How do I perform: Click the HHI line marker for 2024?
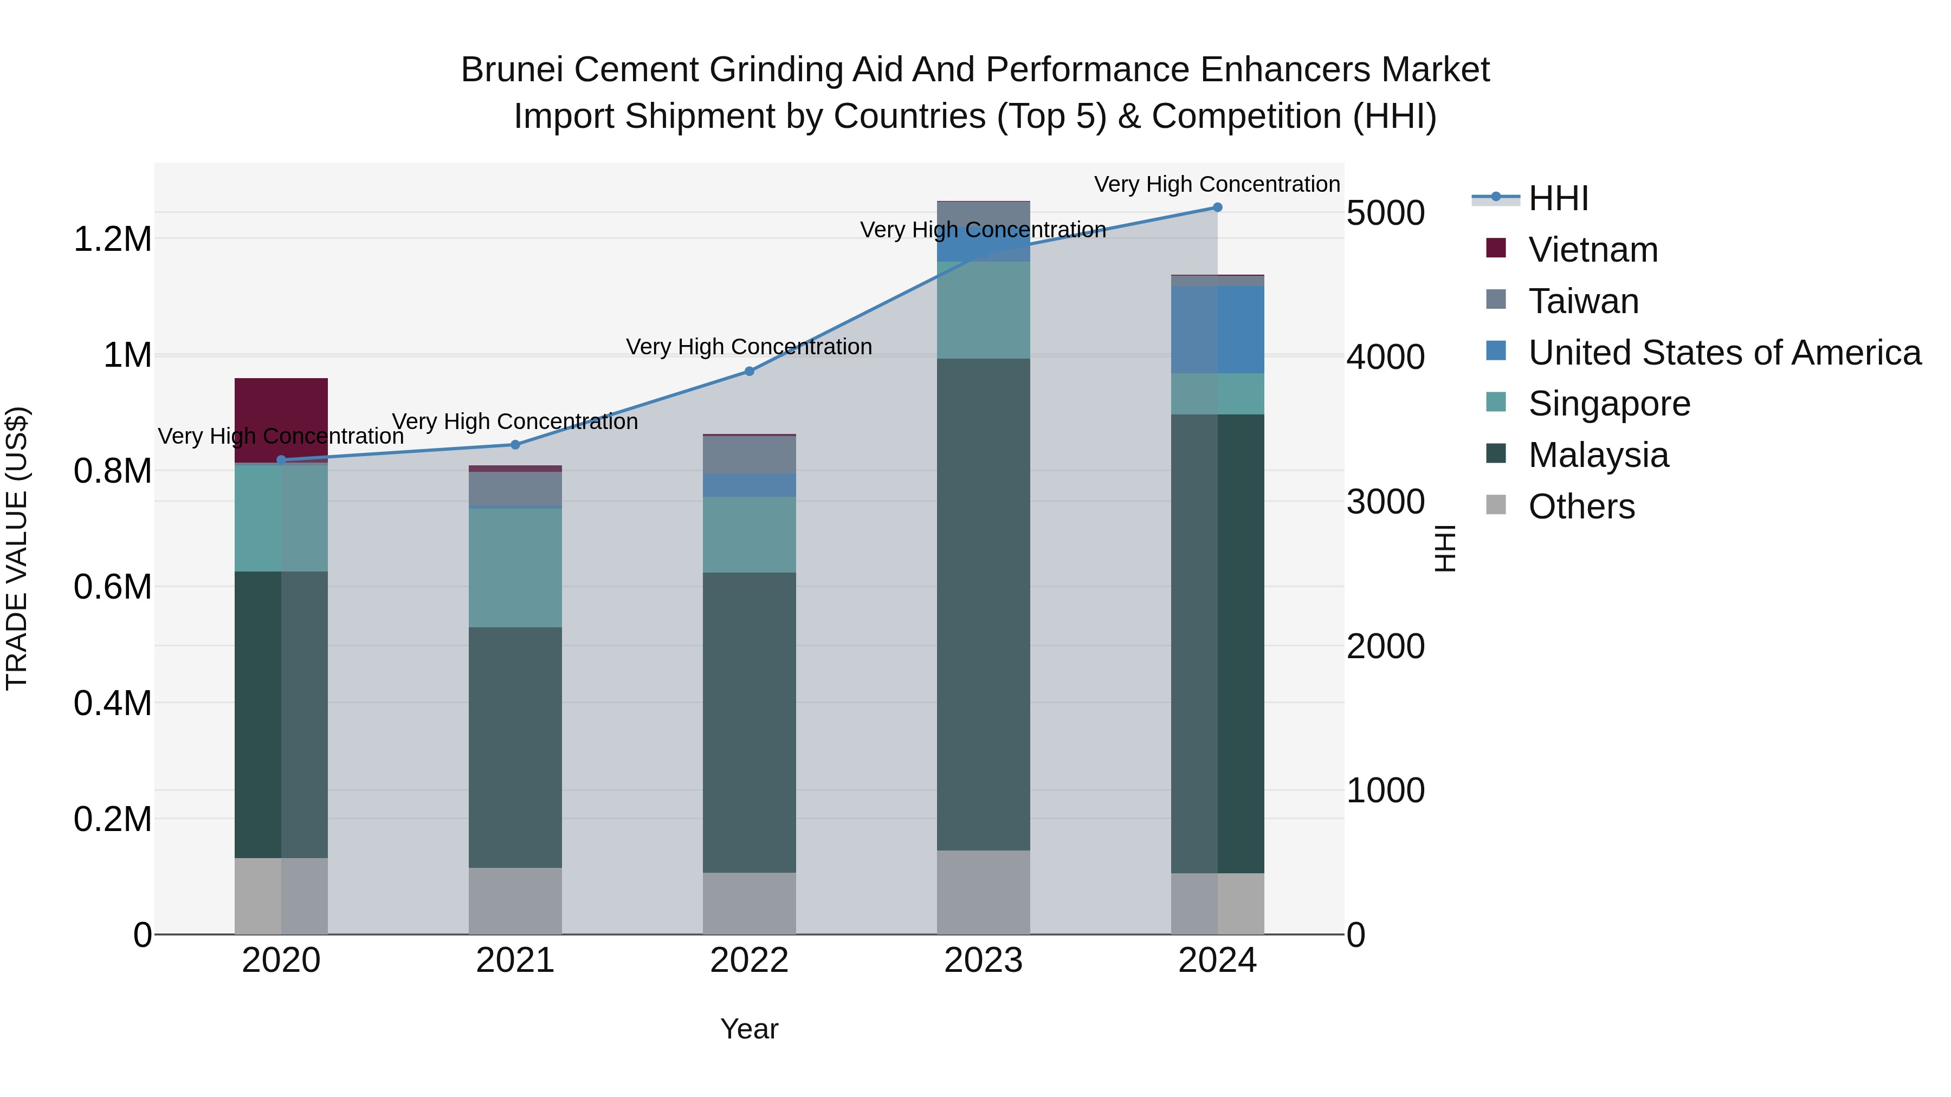click(1217, 207)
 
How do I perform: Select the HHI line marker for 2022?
click(749, 371)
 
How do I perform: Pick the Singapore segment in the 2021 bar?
click(515, 567)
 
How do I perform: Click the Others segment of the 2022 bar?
click(749, 903)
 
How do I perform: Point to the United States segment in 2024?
click(1217, 329)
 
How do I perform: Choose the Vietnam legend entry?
click(1593, 250)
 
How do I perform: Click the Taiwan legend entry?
click(1584, 301)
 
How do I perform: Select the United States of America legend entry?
click(1724, 353)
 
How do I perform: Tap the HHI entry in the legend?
click(1558, 198)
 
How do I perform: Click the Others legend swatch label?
click(1581, 507)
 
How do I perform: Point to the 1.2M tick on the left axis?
click(112, 239)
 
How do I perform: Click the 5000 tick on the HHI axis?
click(1385, 213)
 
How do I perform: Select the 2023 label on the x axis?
click(983, 960)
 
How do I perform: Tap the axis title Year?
click(749, 1029)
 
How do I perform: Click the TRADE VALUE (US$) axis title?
click(17, 548)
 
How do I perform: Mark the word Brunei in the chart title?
click(503, 70)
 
